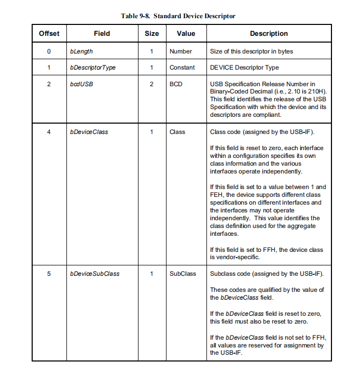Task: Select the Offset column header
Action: pyautogui.click(x=49, y=34)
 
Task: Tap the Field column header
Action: pyautogui.click(x=102, y=34)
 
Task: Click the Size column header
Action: pyautogui.click(x=151, y=34)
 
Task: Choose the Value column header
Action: pyautogui.click(x=186, y=34)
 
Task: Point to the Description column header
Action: pyautogui.click(x=269, y=34)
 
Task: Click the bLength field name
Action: pyautogui.click(x=81, y=51)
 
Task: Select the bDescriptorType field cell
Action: pyautogui.click(x=92, y=68)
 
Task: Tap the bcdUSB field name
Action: pyautogui.click(x=81, y=84)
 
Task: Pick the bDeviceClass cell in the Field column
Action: pyautogui.click(x=89, y=132)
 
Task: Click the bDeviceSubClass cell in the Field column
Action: pyautogui.click(x=94, y=273)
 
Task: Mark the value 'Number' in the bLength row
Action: pyautogui.click(x=181, y=51)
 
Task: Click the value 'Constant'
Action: pyautogui.click(x=182, y=68)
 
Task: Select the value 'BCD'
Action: pyautogui.click(x=176, y=84)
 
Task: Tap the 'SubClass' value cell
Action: pyautogui.click(x=183, y=273)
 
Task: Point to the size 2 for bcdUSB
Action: pyautogui.click(x=151, y=84)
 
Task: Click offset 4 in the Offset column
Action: pyautogui.click(x=49, y=132)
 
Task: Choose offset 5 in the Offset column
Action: pyautogui.click(x=49, y=273)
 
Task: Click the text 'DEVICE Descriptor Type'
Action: pyautogui.click(x=244, y=68)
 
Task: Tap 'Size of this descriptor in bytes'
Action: pyautogui.click(x=251, y=51)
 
